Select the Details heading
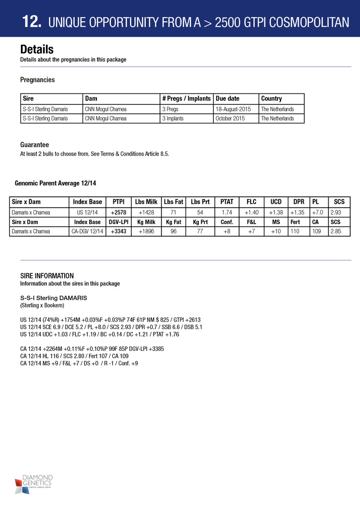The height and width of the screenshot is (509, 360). (37, 50)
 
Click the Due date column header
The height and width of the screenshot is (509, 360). (228, 98)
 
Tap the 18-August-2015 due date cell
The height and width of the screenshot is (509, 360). (233, 109)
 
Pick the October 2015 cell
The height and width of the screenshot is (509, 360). (230, 118)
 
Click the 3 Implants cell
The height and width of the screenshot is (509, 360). (173, 118)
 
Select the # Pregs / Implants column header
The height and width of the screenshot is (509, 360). (186, 98)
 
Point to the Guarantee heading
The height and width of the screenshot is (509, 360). (34, 145)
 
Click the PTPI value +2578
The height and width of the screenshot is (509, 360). (118, 212)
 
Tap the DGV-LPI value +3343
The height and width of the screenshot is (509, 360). (118, 231)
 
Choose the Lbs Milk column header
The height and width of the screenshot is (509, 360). (146, 202)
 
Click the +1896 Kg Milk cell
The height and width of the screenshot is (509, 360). (146, 231)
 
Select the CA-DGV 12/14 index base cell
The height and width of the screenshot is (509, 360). (88, 231)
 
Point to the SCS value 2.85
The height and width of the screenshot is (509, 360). (339, 231)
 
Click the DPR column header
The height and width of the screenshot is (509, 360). (298, 202)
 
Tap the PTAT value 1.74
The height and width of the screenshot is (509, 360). (227, 212)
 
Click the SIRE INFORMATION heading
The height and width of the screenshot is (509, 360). (47, 276)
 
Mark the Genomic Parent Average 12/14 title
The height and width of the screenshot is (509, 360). (56, 183)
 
